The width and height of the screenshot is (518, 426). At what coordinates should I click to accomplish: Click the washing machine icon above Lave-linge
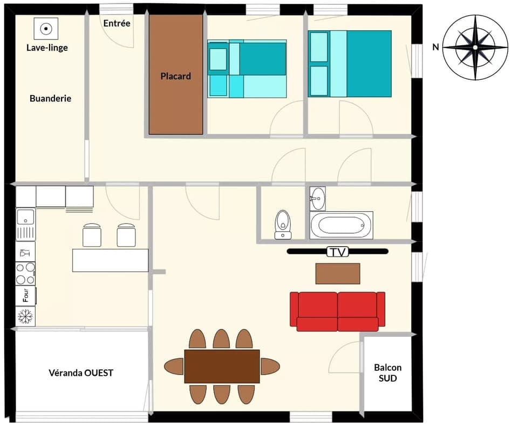click(46, 29)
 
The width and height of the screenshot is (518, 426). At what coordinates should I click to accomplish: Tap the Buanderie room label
click(50, 99)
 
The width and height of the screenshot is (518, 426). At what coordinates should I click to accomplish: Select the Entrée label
click(117, 23)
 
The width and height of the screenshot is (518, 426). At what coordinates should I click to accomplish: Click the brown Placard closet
click(176, 76)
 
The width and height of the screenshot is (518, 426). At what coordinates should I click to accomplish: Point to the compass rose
click(475, 47)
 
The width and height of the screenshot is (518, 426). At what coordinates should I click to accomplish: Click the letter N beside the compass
click(435, 47)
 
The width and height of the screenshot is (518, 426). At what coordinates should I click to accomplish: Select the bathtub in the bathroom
click(341, 224)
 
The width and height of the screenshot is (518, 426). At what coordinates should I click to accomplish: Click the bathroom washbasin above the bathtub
click(318, 198)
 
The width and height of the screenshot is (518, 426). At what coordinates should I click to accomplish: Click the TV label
click(337, 251)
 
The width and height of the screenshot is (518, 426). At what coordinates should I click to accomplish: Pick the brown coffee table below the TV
click(337, 273)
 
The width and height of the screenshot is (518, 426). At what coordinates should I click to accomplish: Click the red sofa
click(337, 311)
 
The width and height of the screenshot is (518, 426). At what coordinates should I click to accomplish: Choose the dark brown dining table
click(222, 366)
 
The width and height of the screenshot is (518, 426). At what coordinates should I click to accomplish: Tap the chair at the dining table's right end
click(269, 366)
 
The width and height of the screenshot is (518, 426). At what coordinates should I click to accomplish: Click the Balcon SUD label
click(387, 373)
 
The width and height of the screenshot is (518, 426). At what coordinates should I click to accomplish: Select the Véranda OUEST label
click(81, 373)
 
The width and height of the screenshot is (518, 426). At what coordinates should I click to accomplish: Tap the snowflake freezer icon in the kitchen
click(25, 316)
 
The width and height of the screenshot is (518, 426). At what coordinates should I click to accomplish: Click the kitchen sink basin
click(25, 217)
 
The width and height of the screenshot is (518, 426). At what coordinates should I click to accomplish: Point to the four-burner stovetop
click(25, 273)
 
